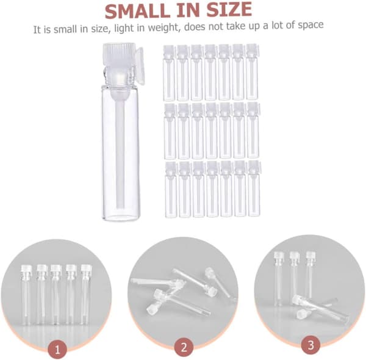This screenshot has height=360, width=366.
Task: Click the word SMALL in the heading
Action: [x=138, y=11]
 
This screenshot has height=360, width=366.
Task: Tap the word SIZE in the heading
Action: [x=229, y=10]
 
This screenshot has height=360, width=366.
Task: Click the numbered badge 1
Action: [x=57, y=350]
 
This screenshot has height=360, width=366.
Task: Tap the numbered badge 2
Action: [x=184, y=347]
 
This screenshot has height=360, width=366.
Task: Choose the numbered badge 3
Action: [x=310, y=345]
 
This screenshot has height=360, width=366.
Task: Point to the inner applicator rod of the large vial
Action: [x=120, y=149]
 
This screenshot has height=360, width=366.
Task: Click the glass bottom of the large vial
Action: [x=121, y=215]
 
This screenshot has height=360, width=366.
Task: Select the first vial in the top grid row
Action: [x=169, y=73]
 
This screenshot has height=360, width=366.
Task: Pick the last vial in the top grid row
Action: [x=253, y=71]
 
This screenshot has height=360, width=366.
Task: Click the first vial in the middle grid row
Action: [x=170, y=131]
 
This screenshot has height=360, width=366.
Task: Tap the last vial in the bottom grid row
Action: [x=254, y=188]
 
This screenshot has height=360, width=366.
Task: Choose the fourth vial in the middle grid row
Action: [x=212, y=131]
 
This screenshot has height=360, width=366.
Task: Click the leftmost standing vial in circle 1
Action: [x=26, y=295]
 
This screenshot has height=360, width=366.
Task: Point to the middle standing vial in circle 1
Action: [x=56, y=295]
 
